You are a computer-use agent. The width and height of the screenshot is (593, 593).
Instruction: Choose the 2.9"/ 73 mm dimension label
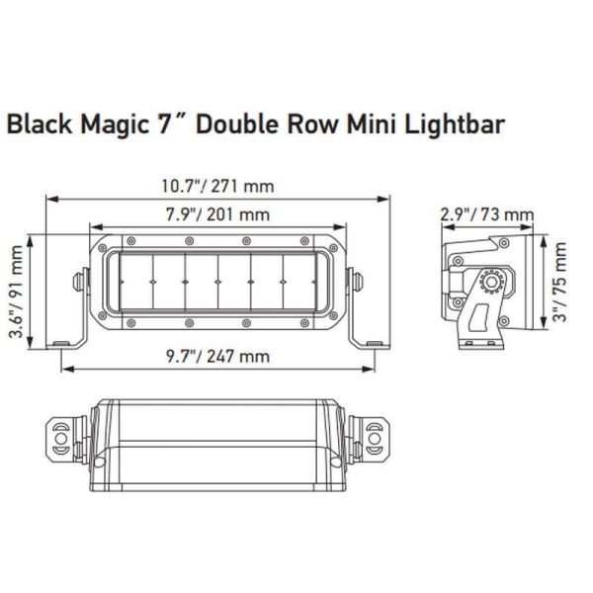pyautogui.click(x=488, y=214)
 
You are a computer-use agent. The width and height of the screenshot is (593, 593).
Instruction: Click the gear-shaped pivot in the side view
pyautogui.click(x=486, y=285)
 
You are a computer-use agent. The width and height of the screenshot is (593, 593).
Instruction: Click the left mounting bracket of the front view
pyautogui.click(x=71, y=306)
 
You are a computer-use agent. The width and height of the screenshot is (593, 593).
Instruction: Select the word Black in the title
pyautogui.click(x=37, y=127)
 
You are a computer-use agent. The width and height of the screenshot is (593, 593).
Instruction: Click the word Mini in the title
pyautogui.click(x=371, y=127)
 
